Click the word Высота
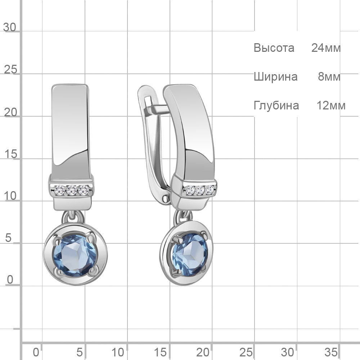274,48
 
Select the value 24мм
326,48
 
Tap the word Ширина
275,77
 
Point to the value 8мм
329,77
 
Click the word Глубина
276,105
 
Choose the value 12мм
331,105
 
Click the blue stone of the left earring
75,255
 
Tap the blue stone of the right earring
190,254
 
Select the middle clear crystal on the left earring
72,190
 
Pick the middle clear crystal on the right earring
200,190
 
